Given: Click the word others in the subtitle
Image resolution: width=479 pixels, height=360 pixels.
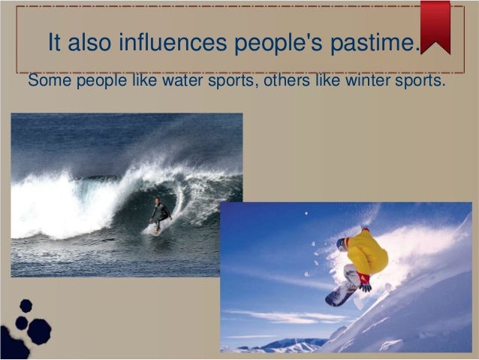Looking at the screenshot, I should coord(283,80).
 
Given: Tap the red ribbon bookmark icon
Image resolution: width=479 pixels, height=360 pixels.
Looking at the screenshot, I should coord(435,24).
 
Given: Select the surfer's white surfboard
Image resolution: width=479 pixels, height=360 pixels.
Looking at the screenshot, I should coord(154,229).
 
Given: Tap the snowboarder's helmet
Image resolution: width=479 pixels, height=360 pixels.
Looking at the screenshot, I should coord(342,244).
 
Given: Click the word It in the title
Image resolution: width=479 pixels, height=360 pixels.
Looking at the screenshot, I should coord(54,43).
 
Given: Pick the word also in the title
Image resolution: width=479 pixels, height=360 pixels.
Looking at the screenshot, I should coord(91,43).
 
